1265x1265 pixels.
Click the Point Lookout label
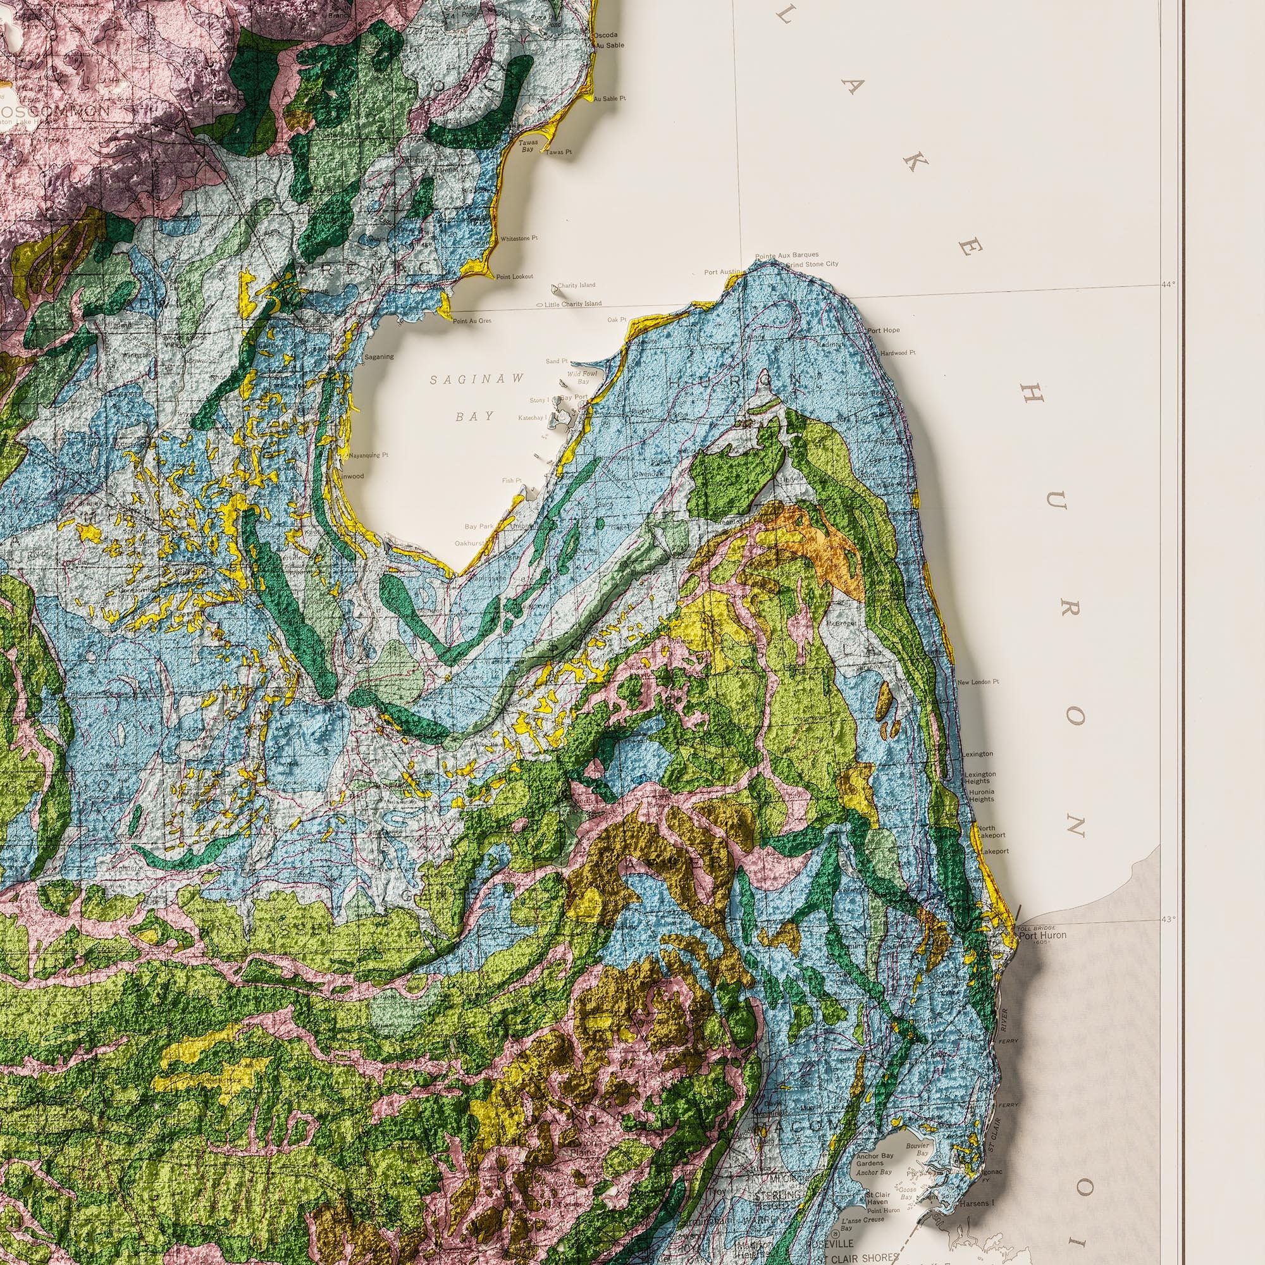[514, 277]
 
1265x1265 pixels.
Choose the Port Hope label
[884, 331]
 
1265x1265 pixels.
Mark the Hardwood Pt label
[898, 353]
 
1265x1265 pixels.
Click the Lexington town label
[978, 755]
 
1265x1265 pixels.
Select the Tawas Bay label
[528, 145]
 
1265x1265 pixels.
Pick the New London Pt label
[978, 682]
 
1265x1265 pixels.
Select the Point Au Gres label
[471, 321]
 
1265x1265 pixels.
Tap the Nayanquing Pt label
[369, 455]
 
